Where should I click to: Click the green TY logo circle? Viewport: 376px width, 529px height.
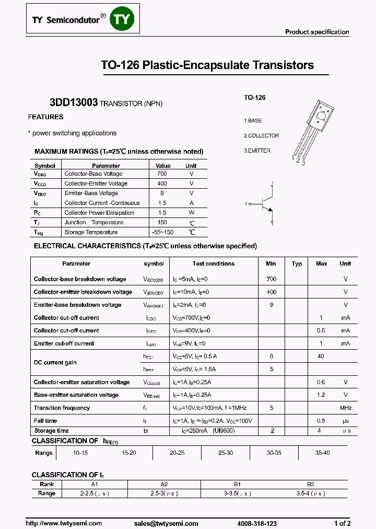pyautogui.click(x=124, y=19)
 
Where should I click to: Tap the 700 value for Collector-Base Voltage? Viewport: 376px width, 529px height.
pyautogui.click(x=162, y=174)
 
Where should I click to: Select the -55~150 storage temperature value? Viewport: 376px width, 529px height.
pyautogui.click(x=162, y=232)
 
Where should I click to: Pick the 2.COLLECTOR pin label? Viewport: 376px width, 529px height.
pyautogui.click(x=262, y=135)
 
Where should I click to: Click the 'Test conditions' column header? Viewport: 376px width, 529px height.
pyautogui.click(x=213, y=263)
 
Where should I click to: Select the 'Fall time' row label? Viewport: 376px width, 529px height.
pyautogui.click(x=45, y=421)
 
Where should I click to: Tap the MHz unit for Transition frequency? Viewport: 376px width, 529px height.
pyautogui.click(x=346, y=408)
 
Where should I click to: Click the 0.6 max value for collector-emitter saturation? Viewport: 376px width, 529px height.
pyautogui.click(x=321, y=382)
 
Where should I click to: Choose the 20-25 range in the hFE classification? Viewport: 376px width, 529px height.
pyautogui.click(x=177, y=453)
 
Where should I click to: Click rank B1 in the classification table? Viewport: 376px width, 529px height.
pyautogui.click(x=237, y=484)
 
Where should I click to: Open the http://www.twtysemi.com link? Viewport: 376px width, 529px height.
pyautogui.click(x=61, y=523)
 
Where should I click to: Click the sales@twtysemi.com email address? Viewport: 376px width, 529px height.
pyautogui.click(x=166, y=523)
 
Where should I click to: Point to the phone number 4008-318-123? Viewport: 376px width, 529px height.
pyautogui.click(x=256, y=523)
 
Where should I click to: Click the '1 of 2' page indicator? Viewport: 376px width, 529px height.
pyautogui.click(x=342, y=523)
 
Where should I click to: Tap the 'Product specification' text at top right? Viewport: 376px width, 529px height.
pyautogui.click(x=316, y=32)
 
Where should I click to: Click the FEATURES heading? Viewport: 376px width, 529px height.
pyautogui.click(x=46, y=117)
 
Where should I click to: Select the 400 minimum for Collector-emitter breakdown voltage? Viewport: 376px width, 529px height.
pyautogui.click(x=271, y=292)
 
